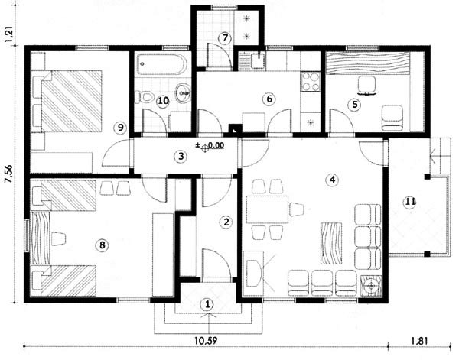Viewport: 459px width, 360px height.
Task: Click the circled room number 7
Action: [225, 38]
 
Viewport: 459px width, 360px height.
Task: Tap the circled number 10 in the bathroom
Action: [163, 101]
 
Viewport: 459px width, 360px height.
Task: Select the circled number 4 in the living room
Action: [332, 180]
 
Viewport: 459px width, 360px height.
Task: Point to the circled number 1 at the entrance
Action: [207, 305]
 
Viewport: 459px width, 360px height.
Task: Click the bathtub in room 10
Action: [162, 63]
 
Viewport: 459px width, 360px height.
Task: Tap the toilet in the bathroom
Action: [145, 96]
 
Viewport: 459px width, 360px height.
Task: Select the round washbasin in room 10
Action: [183, 93]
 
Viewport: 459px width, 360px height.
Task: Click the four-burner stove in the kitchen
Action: [311, 82]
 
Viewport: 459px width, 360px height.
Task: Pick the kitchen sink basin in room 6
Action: [258, 60]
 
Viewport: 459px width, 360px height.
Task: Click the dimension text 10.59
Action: [206, 341]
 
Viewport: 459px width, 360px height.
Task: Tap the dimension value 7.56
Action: [8, 174]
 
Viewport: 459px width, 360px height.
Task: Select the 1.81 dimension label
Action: [419, 341]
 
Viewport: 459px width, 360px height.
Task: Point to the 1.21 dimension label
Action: [8, 35]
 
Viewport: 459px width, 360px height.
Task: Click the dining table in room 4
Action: [268, 209]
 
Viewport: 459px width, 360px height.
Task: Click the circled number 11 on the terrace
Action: [410, 202]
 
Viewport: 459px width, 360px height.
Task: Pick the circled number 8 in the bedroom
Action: [103, 245]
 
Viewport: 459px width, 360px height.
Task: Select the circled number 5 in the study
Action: [354, 105]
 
